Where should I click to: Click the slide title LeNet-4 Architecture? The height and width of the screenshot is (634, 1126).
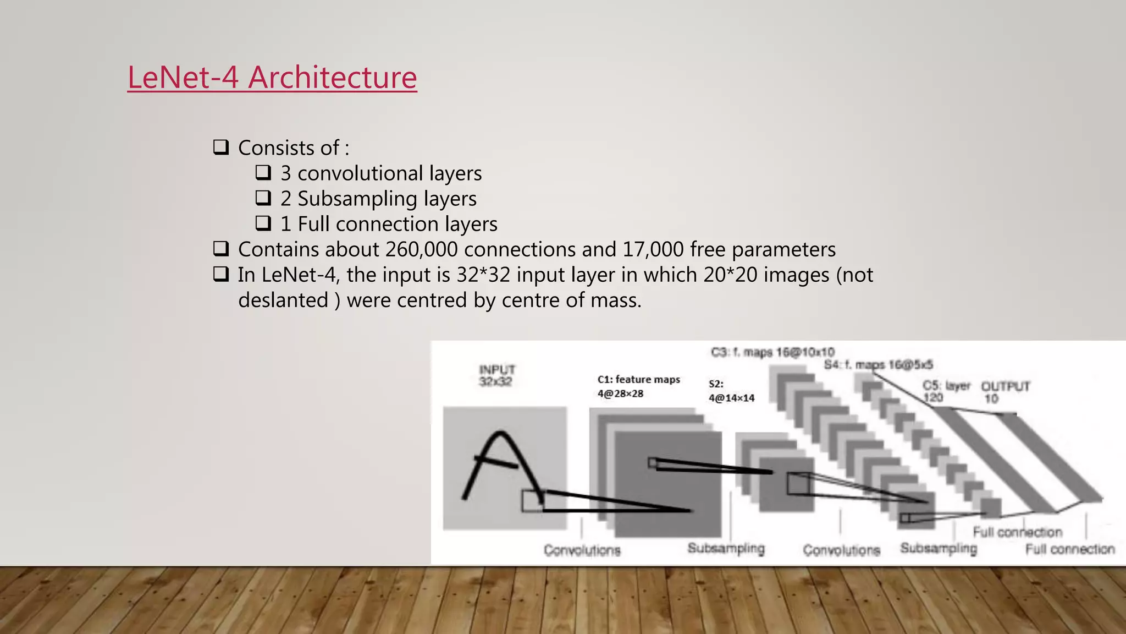272,77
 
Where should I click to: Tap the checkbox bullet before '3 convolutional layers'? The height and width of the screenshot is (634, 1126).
263,173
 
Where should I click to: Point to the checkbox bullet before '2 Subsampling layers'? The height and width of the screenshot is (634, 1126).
263,198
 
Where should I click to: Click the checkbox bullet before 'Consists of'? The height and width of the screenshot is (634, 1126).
221,147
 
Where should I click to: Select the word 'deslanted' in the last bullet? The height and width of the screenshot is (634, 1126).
283,300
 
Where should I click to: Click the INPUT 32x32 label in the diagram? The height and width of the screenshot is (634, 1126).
496,375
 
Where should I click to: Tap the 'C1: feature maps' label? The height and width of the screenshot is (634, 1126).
638,379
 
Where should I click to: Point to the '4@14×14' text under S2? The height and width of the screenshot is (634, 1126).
731,398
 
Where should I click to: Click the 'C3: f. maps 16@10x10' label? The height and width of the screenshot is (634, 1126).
772,352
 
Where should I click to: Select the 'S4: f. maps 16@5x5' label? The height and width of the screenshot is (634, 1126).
878,365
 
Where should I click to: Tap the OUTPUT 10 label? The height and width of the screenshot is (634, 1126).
1005,392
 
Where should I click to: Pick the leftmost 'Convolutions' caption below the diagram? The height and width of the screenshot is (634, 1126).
582,550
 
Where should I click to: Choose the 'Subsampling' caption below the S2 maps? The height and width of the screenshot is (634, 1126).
726,548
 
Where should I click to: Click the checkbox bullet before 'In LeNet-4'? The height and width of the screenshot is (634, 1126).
221,275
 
